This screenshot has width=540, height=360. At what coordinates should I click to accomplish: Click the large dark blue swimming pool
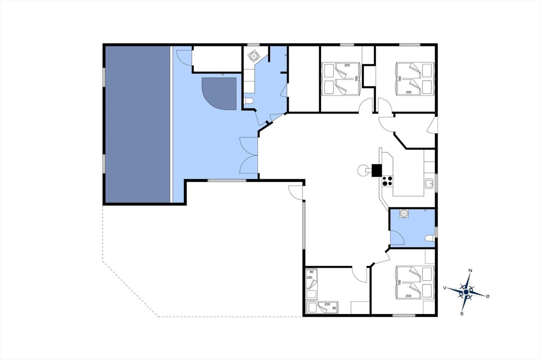pyautogui.click(x=138, y=124)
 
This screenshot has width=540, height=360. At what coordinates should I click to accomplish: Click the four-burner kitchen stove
pyautogui.click(x=387, y=181)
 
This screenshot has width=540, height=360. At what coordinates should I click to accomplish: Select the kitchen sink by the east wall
pyautogui.click(x=429, y=184)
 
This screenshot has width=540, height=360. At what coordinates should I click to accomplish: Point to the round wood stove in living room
pyautogui.click(x=362, y=170)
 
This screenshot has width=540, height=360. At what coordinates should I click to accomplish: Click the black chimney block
pyautogui.click(x=376, y=170)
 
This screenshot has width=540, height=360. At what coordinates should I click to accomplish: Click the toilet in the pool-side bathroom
pyautogui.click(x=248, y=100)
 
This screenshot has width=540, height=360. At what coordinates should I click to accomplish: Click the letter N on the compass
pyautogui.click(x=470, y=271)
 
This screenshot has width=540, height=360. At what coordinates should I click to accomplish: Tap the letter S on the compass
pyautogui.click(x=462, y=314)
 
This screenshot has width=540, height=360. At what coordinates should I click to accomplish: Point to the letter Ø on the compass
pyautogui.click(x=487, y=296)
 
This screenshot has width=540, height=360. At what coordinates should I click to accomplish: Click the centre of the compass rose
pyautogui.click(x=466, y=292)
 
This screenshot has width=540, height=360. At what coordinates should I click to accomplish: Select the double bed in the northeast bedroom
pyautogui.click(x=415, y=79)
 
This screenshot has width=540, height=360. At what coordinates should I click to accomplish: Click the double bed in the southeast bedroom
pyautogui.click(x=415, y=283)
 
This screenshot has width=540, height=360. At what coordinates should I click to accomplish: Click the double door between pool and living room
pyautogui.click(x=248, y=155)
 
